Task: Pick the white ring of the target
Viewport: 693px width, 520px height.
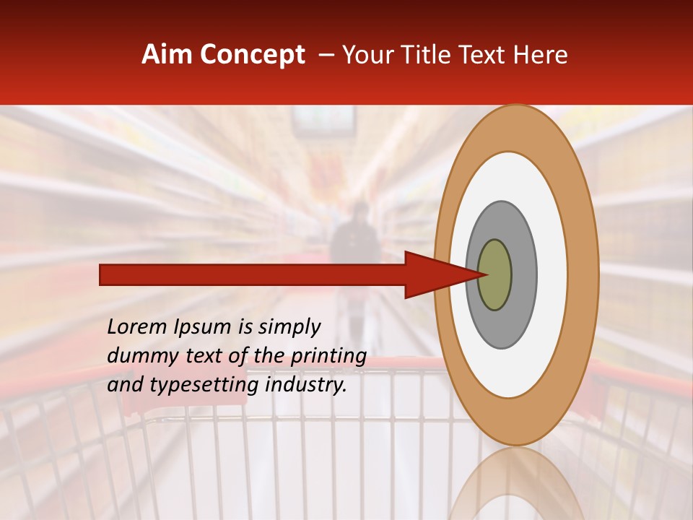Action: (x=552, y=274)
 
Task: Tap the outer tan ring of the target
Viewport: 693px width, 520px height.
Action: (x=583, y=274)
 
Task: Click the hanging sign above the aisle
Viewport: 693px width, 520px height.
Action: (x=323, y=121)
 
